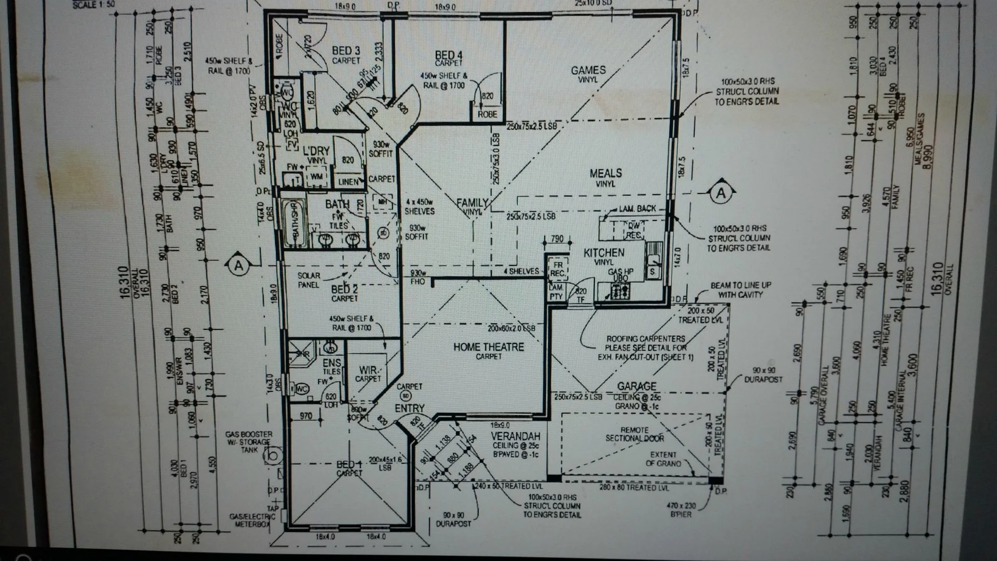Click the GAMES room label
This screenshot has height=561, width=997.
(x=588, y=70)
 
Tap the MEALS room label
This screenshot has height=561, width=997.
(x=605, y=173)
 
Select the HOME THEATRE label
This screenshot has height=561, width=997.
(x=488, y=347)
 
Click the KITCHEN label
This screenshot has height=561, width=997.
(x=604, y=252)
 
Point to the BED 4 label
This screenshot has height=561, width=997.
(x=449, y=55)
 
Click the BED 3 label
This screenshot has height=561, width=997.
(x=346, y=51)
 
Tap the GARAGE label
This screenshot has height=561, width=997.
(x=637, y=386)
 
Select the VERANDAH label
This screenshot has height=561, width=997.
(x=516, y=436)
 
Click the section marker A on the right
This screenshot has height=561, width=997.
(x=721, y=194)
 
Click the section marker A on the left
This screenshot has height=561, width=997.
(x=238, y=266)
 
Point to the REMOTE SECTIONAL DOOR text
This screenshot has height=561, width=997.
(x=635, y=434)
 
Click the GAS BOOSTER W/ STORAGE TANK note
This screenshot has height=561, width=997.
(x=249, y=442)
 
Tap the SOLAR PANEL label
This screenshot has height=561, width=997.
(x=309, y=280)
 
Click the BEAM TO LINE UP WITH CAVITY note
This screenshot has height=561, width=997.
(x=740, y=290)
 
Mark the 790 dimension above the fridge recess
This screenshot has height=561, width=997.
(x=557, y=239)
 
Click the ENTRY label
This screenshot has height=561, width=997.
(x=409, y=409)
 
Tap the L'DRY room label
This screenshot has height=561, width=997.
(x=316, y=151)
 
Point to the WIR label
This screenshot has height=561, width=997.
(x=368, y=370)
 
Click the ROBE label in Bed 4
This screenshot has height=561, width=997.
(x=487, y=114)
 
